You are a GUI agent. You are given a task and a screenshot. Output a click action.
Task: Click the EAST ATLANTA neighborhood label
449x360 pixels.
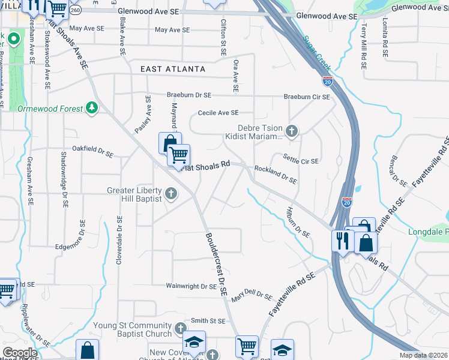pos(173,70)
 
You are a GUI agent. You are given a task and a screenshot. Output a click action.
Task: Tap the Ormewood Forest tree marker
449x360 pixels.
pos(92,108)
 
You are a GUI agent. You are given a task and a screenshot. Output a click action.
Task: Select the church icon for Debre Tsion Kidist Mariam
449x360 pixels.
pos(291,131)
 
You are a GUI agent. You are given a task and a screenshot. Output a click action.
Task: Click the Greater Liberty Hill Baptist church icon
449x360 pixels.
pos(171,193)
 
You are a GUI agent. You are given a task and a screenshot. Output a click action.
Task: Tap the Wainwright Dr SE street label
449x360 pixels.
pos(192,287)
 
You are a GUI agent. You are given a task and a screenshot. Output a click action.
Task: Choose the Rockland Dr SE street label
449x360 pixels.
pos(276,175)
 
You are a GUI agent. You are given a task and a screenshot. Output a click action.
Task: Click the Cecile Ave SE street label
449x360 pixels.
pos(218,113)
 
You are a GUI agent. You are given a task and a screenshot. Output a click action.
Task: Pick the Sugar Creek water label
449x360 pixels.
pos(318,52)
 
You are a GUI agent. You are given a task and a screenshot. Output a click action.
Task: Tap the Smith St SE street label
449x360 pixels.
pos(208,321)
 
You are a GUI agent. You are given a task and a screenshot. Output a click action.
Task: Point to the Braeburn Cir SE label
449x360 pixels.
pos(307,97)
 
